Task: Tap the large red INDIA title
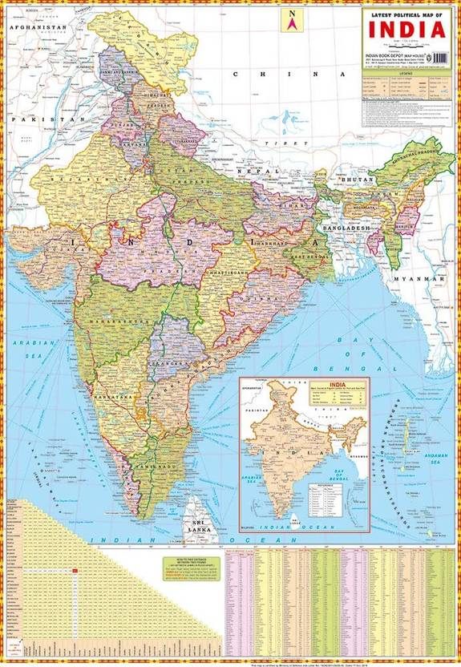coord(407,30)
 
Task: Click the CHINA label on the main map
coord(277,74)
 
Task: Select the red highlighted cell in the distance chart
coord(74,570)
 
